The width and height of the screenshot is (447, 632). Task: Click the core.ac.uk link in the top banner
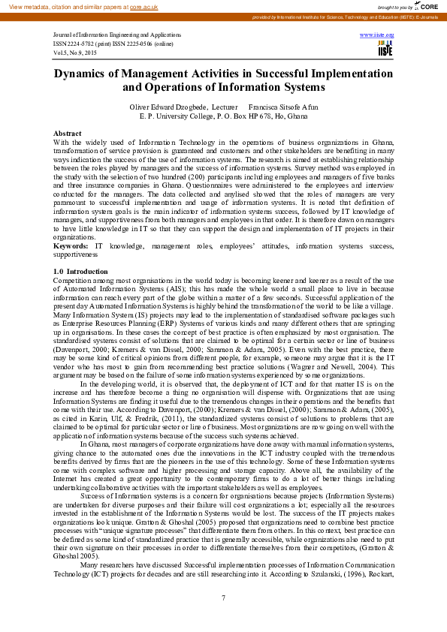[143, 6]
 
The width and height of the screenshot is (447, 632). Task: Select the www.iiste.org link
[377, 35]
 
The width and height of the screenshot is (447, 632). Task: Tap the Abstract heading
[67, 133]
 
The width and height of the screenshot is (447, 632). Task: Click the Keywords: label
[71, 245]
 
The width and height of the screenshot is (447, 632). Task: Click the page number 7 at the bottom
[223, 597]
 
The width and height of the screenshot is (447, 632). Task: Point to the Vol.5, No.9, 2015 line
[75, 53]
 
